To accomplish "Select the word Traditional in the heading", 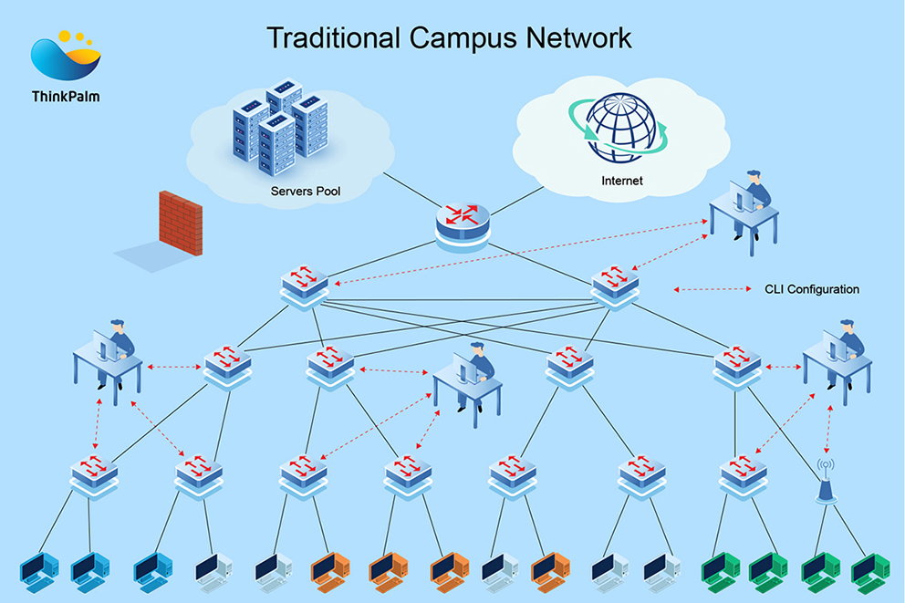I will tap(333, 37).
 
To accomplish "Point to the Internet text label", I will tap(621, 181).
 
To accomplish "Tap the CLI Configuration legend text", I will tap(811, 289).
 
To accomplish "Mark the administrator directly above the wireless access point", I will tap(837, 356).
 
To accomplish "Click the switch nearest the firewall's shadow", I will tap(304, 286).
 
